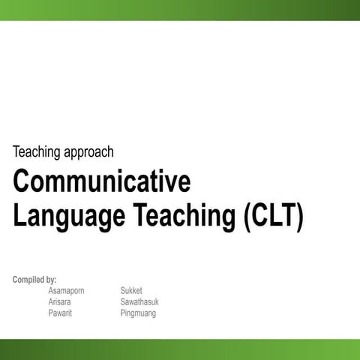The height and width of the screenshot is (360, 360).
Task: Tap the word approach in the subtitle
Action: (90, 153)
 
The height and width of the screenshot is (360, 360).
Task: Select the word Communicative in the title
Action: (101, 182)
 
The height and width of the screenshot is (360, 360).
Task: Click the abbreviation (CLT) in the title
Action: (274, 216)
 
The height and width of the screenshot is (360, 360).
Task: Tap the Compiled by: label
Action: (34, 280)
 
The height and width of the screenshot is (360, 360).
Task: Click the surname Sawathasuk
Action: (139, 302)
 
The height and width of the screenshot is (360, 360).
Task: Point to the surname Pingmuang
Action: (138, 313)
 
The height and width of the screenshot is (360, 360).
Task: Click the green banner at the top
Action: (180, 10)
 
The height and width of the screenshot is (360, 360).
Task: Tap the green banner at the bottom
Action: (180, 349)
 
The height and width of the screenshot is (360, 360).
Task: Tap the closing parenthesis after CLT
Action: (299, 216)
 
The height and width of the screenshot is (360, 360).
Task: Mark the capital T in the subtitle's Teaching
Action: (16, 152)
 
